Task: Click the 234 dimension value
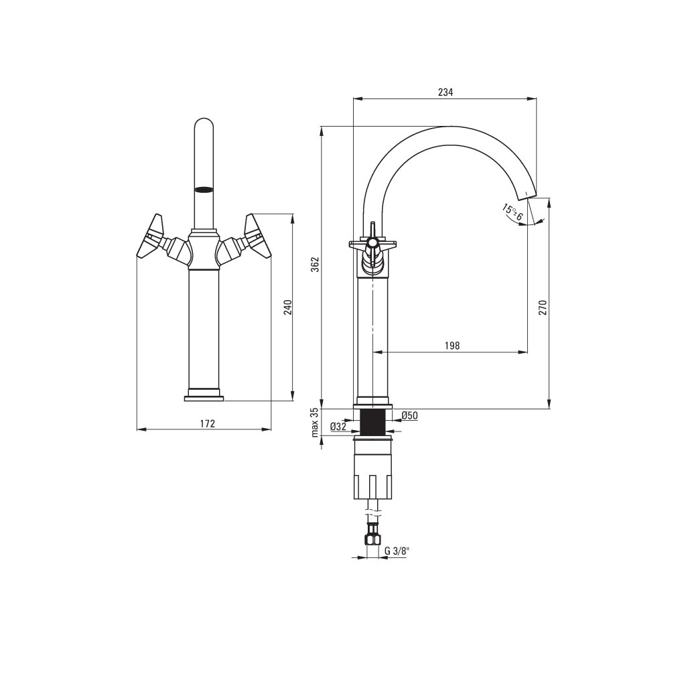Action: (445, 92)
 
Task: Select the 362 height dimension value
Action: (315, 265)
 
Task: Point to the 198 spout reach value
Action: (452, 346)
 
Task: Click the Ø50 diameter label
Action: (410, 416)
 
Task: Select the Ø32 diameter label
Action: (338, 426)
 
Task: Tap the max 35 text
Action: (314, 423)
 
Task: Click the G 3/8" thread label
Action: (397, 551)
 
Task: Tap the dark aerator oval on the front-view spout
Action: (204, 190)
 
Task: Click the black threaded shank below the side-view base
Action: (372, 423)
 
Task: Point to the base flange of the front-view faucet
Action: (204, 398)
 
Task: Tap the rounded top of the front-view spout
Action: (204, 126)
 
